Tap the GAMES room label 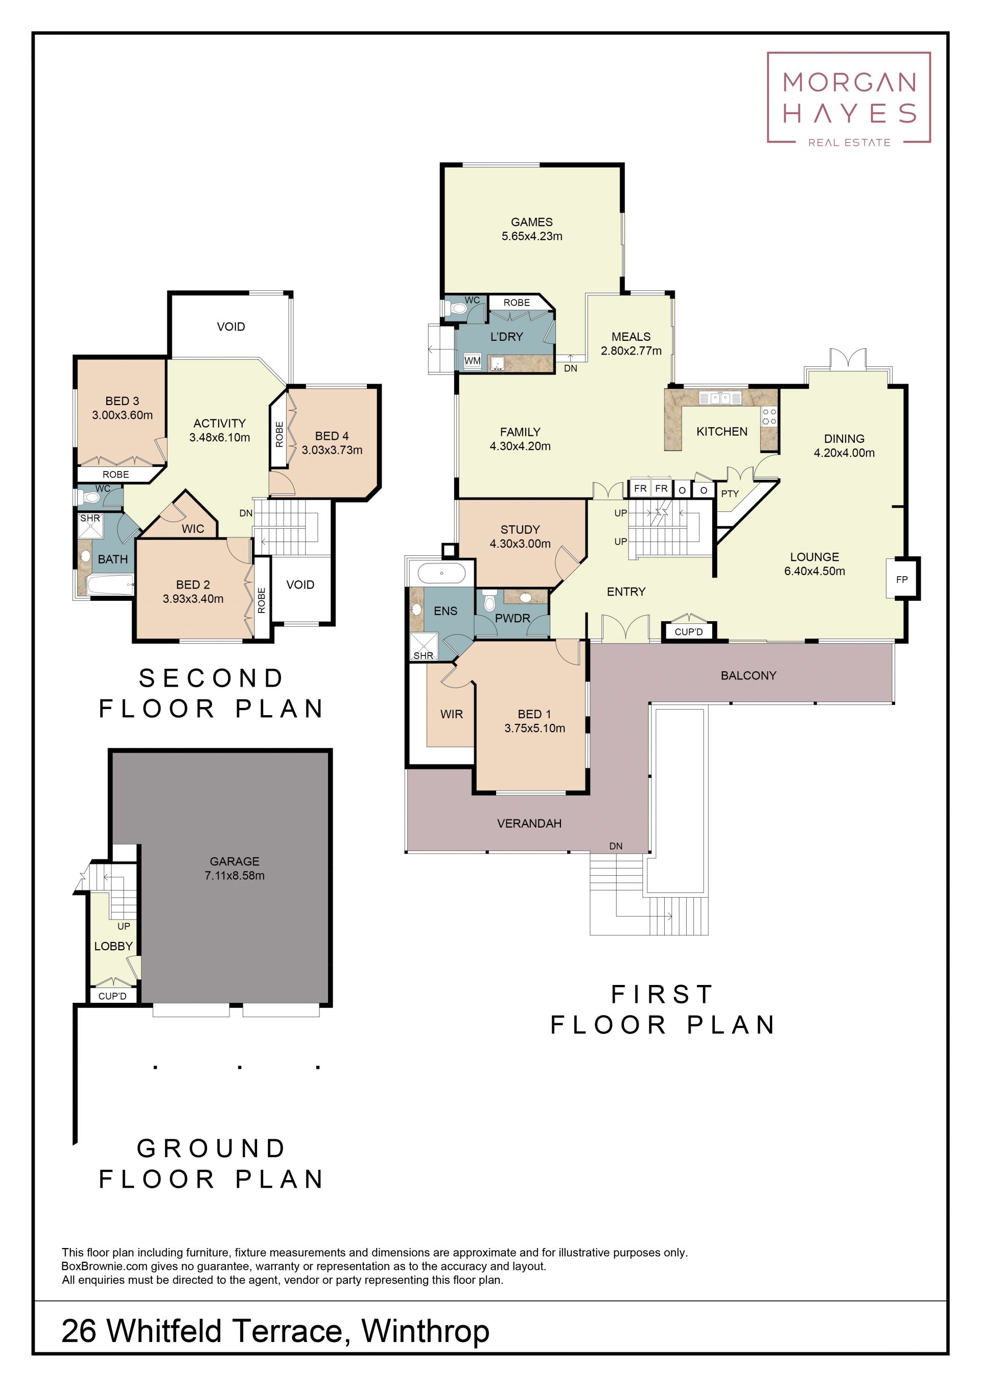[531, 222]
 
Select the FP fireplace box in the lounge [902, 579]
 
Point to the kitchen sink [719, 398]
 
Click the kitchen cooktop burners [769, 416]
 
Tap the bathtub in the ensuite [441, 573]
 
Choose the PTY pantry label [730, 493]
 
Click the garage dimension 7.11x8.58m [235, 875]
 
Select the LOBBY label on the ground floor [113, 946]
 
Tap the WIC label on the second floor [193, 529]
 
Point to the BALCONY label [749, 675]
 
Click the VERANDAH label [529, 824]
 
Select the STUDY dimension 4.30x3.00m [520, 544]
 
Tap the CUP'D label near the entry [689, 632]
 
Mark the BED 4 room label [332, 436]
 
